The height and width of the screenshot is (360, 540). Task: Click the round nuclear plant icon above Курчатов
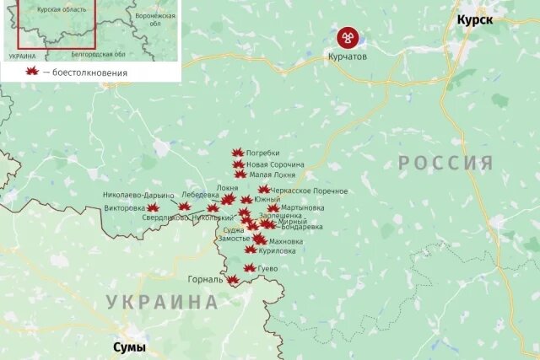coord(348,37)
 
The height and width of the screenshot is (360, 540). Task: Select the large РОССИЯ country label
coord(445,163)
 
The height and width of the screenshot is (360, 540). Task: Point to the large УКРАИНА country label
coord(161,301)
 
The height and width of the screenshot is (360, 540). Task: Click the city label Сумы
coord(129,347)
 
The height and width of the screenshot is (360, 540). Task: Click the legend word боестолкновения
coord(90,73)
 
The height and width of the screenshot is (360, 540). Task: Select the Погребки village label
coord(262,153)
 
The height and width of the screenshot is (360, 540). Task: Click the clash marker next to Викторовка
coord(153,207)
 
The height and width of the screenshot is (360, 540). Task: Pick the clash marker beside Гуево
coord(249,268)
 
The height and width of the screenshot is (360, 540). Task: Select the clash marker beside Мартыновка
coord(273,207)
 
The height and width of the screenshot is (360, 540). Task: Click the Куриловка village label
coord(278,250)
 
